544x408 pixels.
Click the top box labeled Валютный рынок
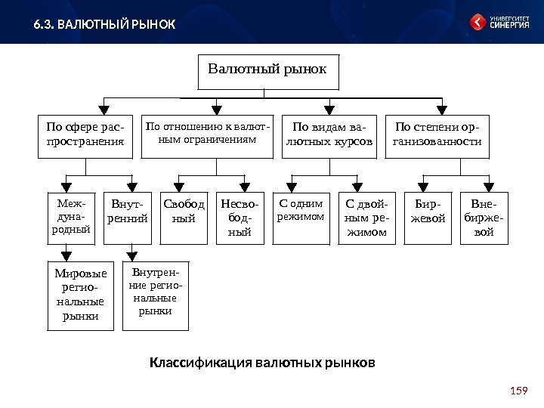[267, 71]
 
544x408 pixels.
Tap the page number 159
[518, 391]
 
